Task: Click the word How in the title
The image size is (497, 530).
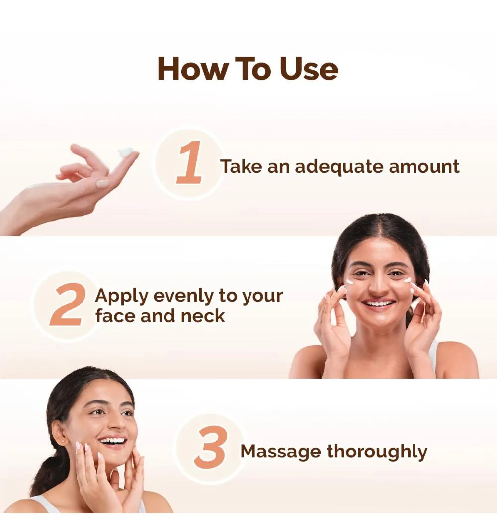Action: tap(193, 69)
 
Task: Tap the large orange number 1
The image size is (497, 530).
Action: tap(189, 162)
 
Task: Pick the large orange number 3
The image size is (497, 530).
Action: tap(210, 447)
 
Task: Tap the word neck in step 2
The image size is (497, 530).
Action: tap(202, 316)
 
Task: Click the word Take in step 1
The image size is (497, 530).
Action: tap(241, 166)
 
